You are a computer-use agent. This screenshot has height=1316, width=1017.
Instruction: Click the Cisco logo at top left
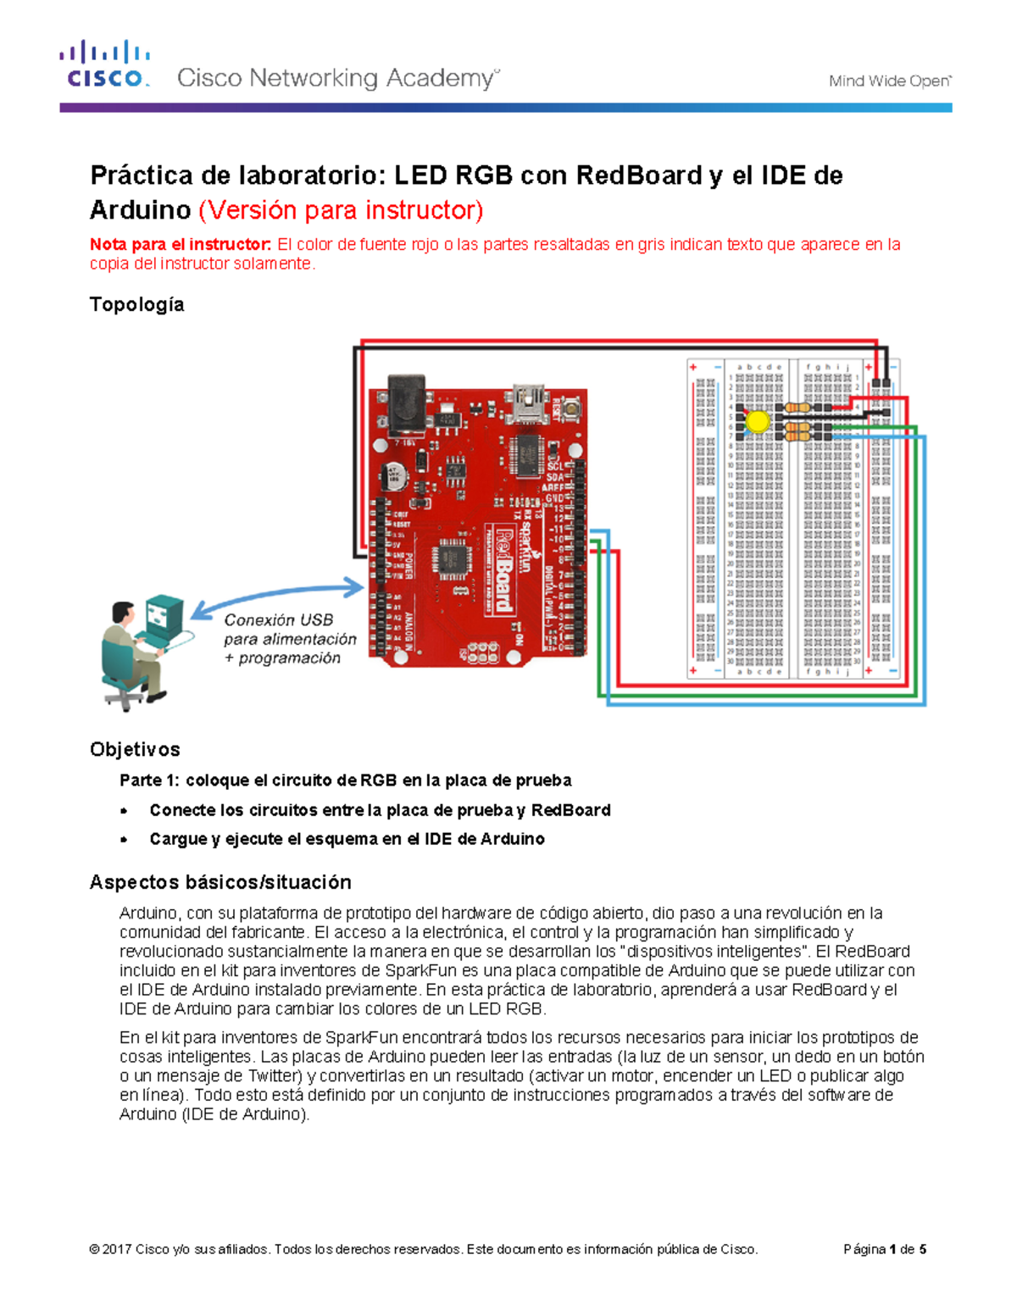click(104, 65)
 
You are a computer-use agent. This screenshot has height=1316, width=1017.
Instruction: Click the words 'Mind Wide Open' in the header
click(889, 81)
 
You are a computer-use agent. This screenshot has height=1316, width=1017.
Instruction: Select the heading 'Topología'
click(136, 304)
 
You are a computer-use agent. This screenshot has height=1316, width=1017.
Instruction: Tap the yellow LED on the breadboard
click(757, 421)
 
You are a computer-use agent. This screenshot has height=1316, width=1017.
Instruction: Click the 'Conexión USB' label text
click(278, 620)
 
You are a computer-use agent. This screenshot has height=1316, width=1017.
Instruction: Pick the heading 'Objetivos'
click(135, 749)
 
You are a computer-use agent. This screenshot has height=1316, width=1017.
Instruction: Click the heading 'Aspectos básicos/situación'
click(220, 882)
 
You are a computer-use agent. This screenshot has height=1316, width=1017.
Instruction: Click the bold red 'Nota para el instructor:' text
click(181, 245)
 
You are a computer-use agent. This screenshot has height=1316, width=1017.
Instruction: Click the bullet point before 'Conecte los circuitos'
click(125, 811)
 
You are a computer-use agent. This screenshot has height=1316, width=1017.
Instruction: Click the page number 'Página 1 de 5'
click(884, 1249)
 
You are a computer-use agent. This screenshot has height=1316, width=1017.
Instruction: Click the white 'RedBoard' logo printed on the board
click(503, 568)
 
